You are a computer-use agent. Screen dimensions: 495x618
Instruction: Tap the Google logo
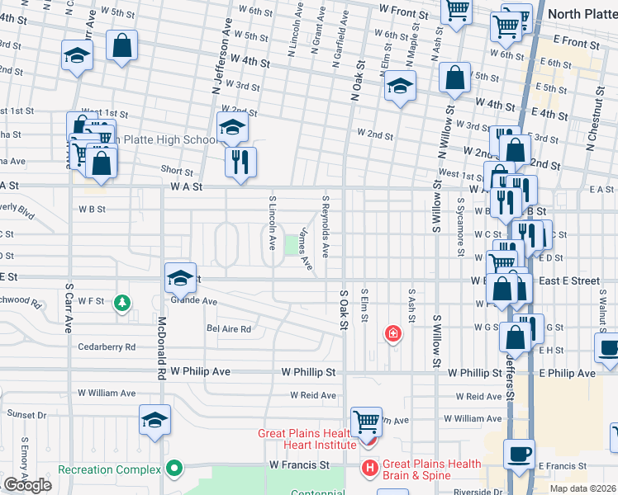27,485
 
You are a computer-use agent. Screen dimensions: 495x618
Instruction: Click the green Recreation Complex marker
174,469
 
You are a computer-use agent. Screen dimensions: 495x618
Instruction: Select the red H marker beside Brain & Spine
369,469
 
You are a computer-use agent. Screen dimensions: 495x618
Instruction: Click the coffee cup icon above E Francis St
519,454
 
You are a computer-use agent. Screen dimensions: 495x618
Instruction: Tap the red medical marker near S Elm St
393,333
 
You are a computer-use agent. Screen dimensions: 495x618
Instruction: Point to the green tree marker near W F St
122,304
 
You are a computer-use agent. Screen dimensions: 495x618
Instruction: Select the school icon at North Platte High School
233,127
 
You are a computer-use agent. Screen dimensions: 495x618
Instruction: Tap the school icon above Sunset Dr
155,420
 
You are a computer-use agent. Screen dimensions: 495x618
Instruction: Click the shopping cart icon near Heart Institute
365,422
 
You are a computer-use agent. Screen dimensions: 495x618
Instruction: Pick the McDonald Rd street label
161,347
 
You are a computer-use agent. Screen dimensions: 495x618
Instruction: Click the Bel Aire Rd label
228,328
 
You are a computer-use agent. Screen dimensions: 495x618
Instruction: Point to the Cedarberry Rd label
106,347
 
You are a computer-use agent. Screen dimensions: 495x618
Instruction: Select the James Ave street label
306,249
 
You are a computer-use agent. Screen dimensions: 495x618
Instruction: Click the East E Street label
569,281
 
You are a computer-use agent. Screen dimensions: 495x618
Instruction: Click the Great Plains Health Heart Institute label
307,439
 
